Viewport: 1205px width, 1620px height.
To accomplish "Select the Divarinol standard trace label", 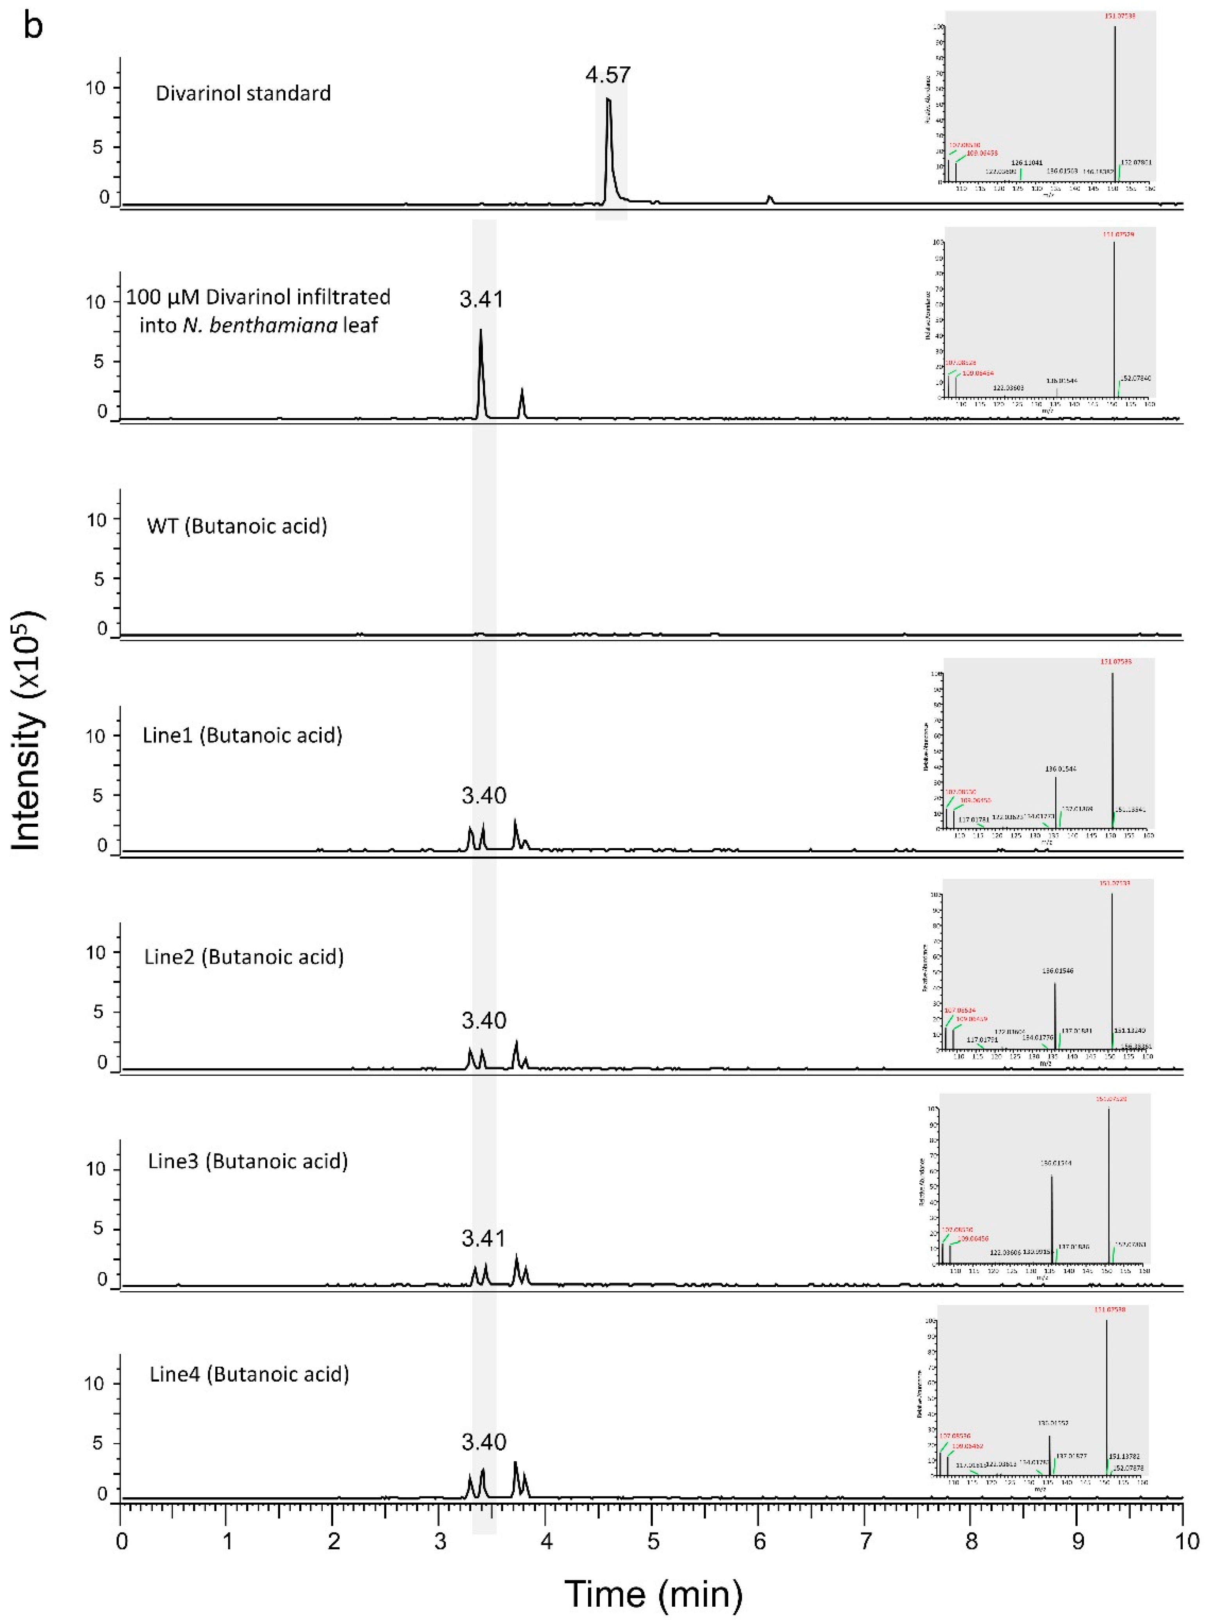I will pos(243,93).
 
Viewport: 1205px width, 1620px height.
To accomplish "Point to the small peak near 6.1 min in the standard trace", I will pos(769,199).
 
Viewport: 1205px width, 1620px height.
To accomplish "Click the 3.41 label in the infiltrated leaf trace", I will pos(481,299).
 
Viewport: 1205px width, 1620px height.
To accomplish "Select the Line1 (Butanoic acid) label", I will pos(242,735).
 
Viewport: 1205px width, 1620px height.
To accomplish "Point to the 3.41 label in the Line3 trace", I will pos(483,1238).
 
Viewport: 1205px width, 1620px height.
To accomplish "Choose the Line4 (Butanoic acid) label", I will pos(249,1374).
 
